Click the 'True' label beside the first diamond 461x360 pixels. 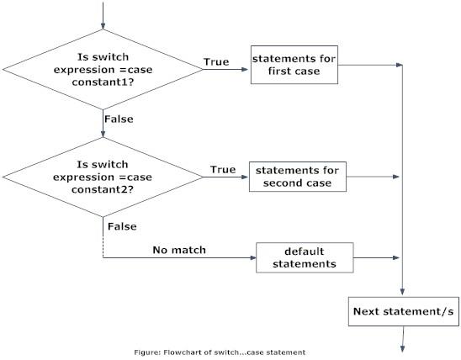[x=216, y=62]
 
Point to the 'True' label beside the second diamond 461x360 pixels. [x=223, y=170]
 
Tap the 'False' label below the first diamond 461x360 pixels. [x=118, y=119]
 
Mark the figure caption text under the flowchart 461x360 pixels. [x=231, y=351]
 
